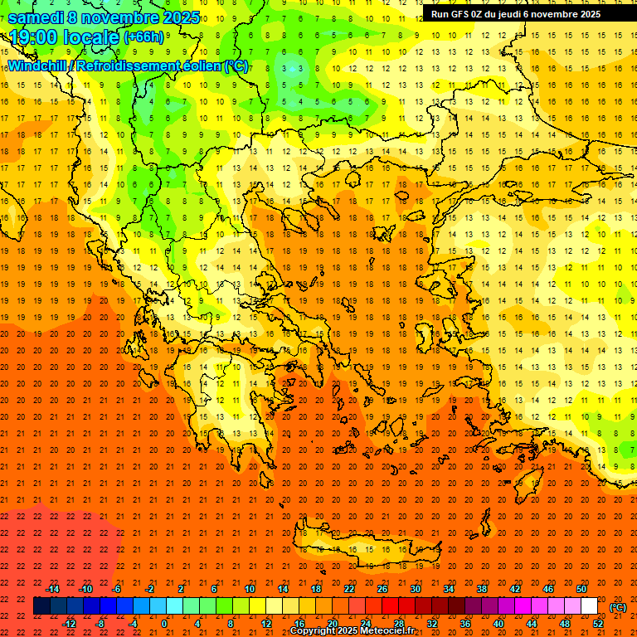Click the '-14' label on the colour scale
click(52, 589)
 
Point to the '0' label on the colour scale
click(164, 624)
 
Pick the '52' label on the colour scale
click(597, 624)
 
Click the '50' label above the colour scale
click(581, 589)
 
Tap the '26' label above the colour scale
click(382, 589)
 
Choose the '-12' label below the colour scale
click(69, 624)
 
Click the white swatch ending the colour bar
click(589, 606)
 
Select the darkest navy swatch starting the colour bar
click(41, 606)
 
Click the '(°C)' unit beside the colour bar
click(617, 607)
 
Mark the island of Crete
click(365, 552)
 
